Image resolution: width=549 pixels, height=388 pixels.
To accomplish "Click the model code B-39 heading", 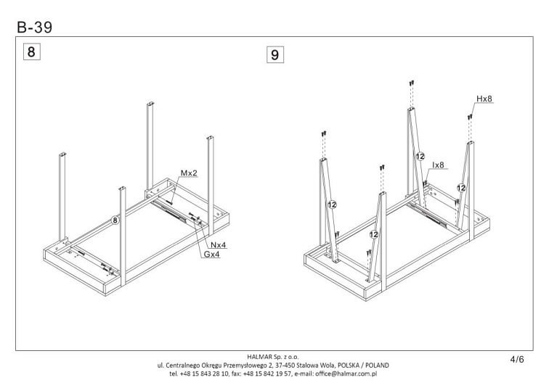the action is (x=34, y=28).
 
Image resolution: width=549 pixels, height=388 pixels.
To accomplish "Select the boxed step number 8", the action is (x=31, y=51).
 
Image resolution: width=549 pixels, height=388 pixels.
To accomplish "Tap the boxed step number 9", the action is (x=274, y=54).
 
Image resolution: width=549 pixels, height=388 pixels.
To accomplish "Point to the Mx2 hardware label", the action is (x=189, y=173).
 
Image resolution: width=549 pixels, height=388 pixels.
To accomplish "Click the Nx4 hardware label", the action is (x=218, y=244).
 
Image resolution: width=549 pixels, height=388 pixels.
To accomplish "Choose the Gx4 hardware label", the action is (x=212, y=255).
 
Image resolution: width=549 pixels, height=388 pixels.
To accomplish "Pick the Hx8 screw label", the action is (x=484, y=99).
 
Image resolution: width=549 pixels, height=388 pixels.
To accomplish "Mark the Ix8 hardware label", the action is (x=438, y=165).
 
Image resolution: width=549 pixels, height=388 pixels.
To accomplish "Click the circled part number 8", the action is (x=115, y=220).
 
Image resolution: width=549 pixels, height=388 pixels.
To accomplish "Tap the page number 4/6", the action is (x=517, y=359).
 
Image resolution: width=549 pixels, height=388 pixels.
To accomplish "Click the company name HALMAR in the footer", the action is (x=259, y=357).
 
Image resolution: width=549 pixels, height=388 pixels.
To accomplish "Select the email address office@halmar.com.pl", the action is (x=346, y=373).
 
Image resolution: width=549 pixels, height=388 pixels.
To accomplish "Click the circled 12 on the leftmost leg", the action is (x=332, y=205).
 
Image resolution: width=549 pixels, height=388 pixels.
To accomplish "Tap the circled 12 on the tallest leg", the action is (x=420, y=157).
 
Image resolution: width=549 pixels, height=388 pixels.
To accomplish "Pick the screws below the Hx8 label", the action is (x=470, y=117).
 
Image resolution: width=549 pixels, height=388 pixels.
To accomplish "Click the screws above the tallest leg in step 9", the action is (x=412, y=83).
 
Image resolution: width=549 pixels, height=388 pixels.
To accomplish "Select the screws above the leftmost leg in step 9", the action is (x=324, y=133).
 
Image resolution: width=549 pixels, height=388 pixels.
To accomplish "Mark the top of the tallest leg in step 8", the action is (x=150, y=104).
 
